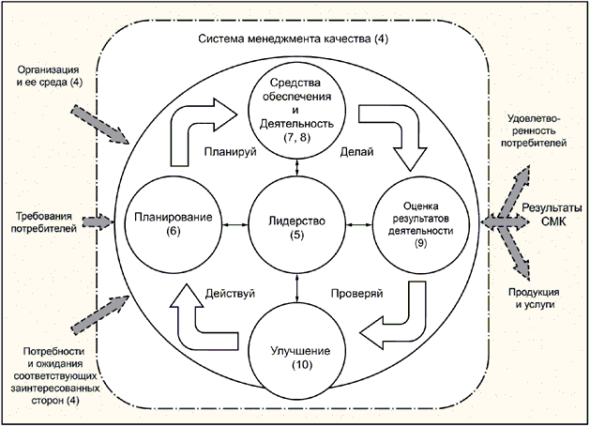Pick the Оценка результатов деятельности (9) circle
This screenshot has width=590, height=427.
pyautogui.click(x=420, y=222)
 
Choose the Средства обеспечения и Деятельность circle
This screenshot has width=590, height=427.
pyautogui.click(x=297, y=104)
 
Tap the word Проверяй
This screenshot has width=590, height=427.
pyautogui.click(x=356, y=293)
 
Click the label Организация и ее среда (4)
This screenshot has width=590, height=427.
pyautogui.click(x=50, y=76)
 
